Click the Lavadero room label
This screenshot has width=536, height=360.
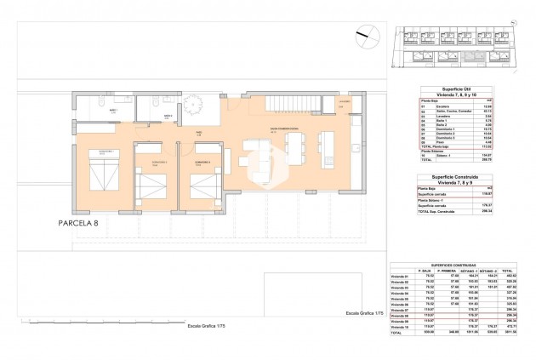point(343,102)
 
